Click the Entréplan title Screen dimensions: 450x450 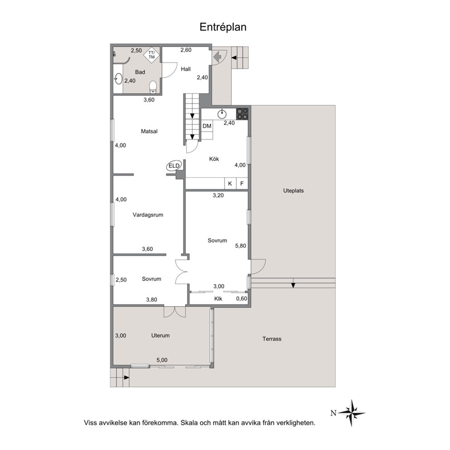223,27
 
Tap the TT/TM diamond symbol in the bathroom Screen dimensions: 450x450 152,54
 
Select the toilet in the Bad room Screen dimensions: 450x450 153,87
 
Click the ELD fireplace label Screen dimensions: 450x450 174,166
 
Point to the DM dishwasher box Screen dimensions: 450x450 207,126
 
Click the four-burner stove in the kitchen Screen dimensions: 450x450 242,114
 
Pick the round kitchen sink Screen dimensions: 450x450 222,114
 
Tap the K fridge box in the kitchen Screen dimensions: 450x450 230,183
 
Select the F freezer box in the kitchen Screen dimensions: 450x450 242,183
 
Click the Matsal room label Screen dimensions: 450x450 149,132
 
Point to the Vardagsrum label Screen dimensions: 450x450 148,215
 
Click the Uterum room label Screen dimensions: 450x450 161,336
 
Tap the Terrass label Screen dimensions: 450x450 272,339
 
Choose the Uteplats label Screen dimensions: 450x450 293,191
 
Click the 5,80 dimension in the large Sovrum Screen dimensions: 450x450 240,246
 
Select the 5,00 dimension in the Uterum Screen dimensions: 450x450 162,360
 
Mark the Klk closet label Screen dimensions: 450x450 218,299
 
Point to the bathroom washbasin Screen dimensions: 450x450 118,78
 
